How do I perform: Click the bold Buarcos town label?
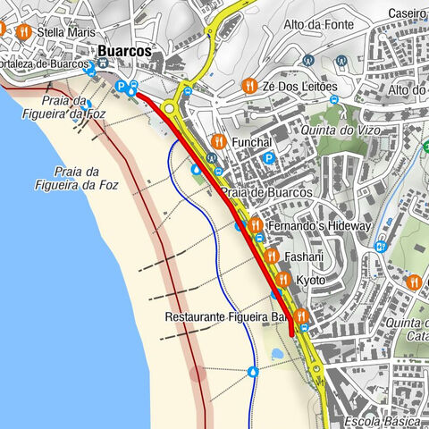(124, 51)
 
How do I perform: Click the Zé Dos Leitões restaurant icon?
(248, 86)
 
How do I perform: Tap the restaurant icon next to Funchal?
(217, 141)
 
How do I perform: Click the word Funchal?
(250, 142)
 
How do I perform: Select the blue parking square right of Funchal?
(267, 159)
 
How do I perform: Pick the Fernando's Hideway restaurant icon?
(255, 225)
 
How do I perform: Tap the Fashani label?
(303, 257)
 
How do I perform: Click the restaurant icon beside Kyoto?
(282, 280)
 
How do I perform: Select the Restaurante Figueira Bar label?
(228, 317)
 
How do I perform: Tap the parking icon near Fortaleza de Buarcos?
(122, 86)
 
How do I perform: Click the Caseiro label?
(408, 13)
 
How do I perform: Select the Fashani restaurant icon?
(271, 257)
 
